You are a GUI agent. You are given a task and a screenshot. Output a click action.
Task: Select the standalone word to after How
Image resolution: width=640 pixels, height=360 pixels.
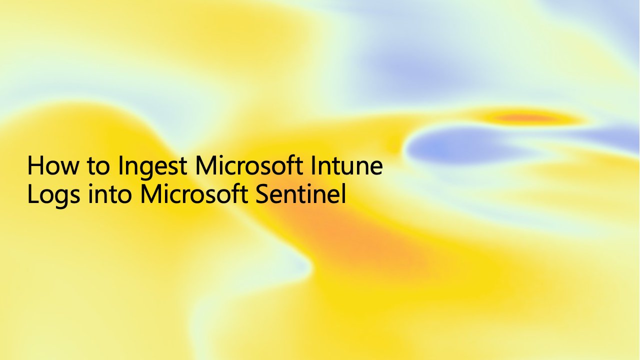click(96, 167)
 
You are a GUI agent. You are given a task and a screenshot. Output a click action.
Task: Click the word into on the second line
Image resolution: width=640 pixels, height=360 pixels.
click(110, 194)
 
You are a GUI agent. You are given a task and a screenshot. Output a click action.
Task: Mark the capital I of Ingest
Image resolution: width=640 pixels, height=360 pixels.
click(120, 166)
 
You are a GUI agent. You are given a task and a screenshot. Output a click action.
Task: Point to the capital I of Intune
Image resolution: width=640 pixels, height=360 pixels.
click(315, 166)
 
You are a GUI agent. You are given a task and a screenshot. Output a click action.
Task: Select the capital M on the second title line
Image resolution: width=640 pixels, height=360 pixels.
click(150, 194)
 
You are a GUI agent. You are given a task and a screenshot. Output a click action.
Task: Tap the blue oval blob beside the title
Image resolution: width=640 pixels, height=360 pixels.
click(450, 146)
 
